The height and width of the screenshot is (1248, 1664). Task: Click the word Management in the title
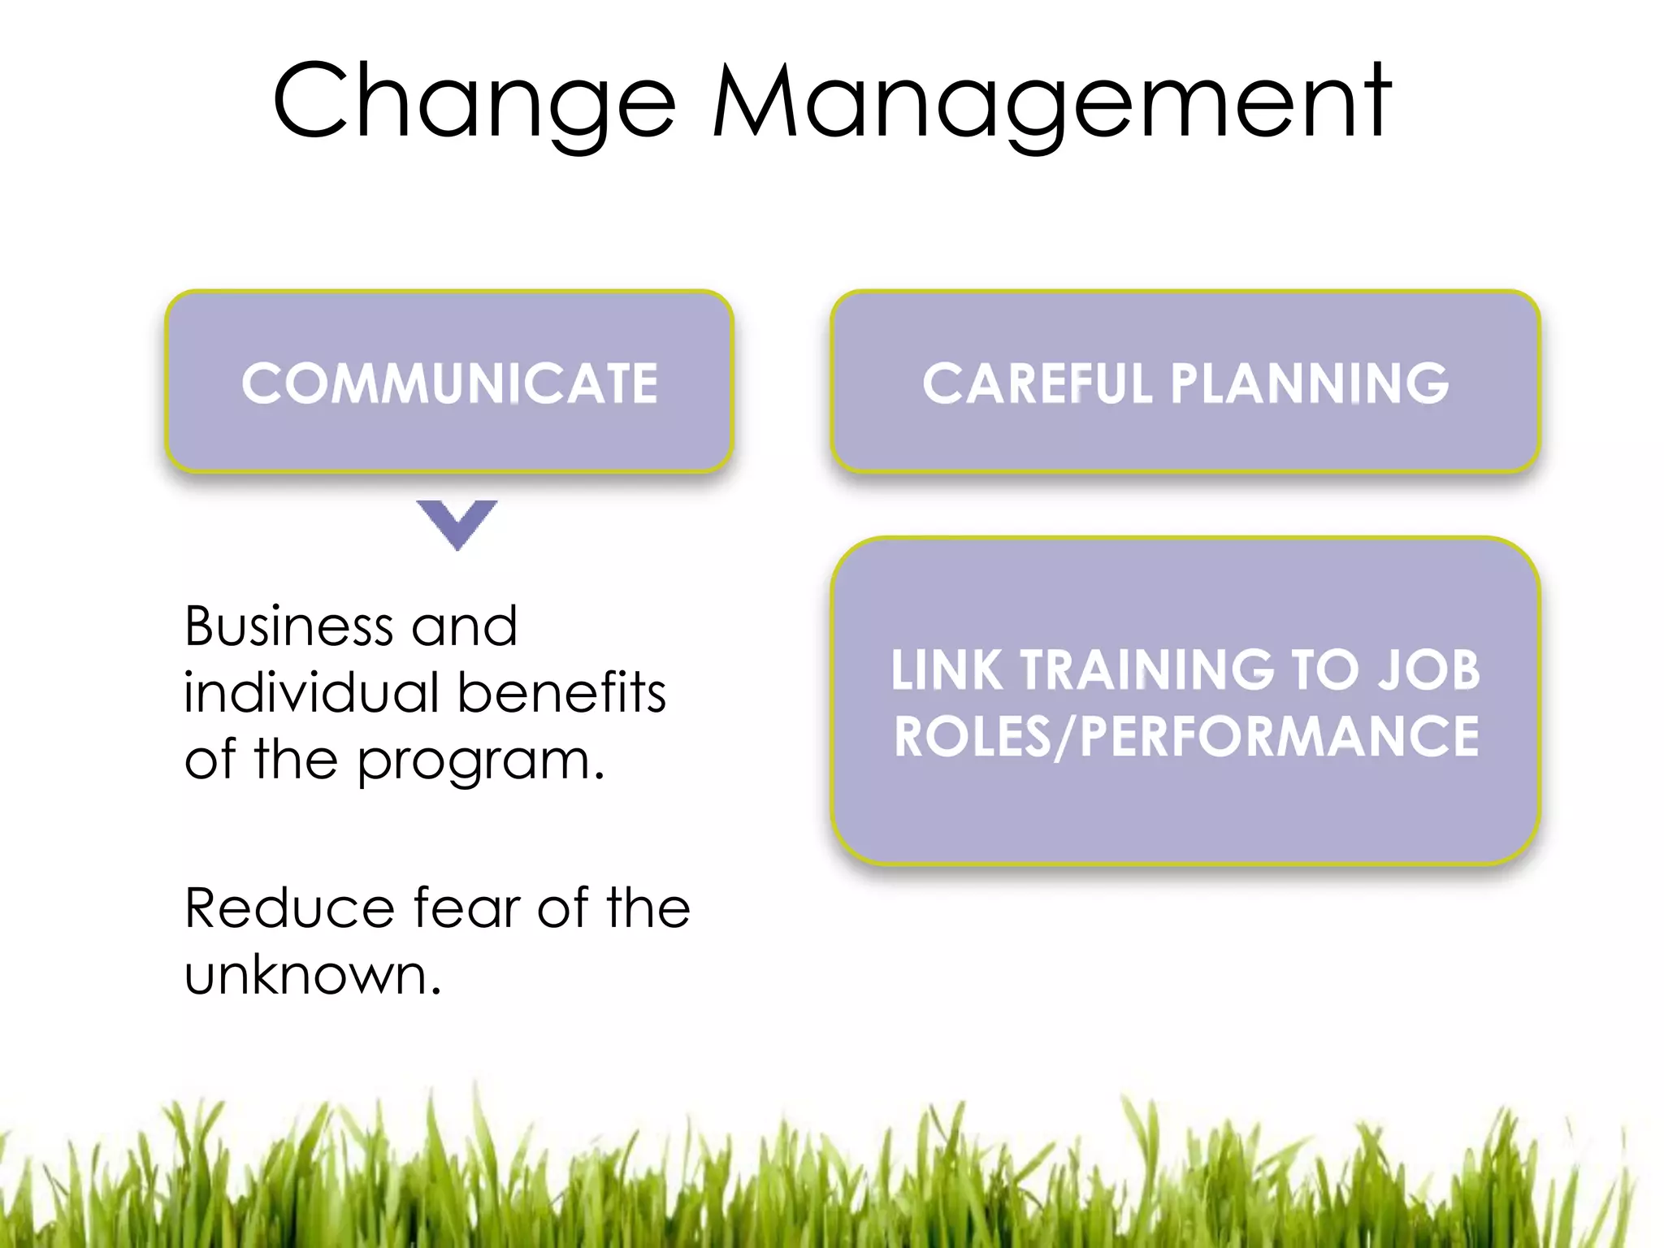1051,102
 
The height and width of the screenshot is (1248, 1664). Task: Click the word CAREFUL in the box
1037,383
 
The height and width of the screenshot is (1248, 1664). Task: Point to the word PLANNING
1309,383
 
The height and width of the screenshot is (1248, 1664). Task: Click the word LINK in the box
946,670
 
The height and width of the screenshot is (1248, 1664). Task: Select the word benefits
561,693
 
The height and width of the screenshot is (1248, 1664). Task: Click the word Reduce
289,908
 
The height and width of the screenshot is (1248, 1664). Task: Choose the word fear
466,908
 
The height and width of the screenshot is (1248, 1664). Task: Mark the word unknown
312,974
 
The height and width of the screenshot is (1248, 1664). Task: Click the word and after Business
464,626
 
